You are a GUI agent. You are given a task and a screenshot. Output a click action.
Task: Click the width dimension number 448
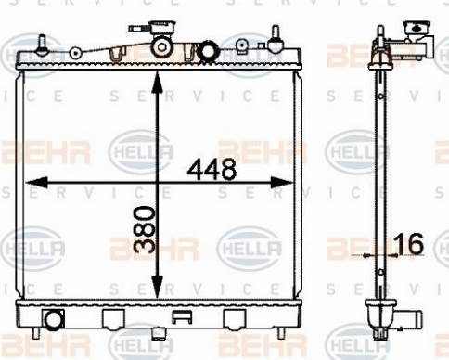(x=211, y=170)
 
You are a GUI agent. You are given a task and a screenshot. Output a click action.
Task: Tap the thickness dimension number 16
(x=409, y=244)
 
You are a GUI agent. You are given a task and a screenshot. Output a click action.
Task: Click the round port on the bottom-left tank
(x=54, y=320)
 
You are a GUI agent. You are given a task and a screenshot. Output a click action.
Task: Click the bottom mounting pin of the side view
(x=378, y=331)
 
